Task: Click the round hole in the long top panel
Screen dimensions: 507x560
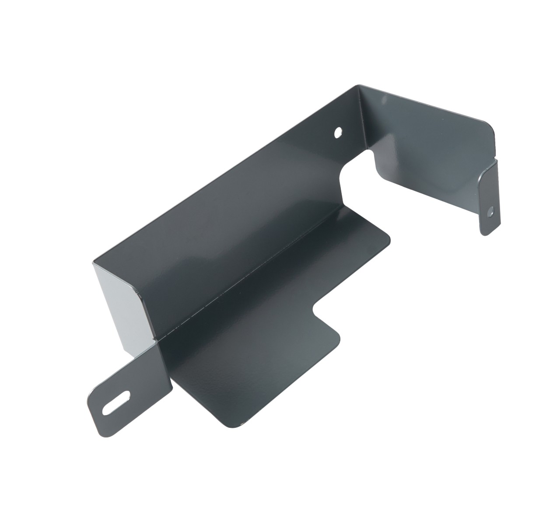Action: pos(338,132)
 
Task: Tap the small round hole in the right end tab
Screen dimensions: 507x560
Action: pos(491,211)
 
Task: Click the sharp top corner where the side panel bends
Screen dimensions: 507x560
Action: pos(359,86)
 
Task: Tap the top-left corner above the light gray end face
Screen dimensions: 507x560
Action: pos(93,262)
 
